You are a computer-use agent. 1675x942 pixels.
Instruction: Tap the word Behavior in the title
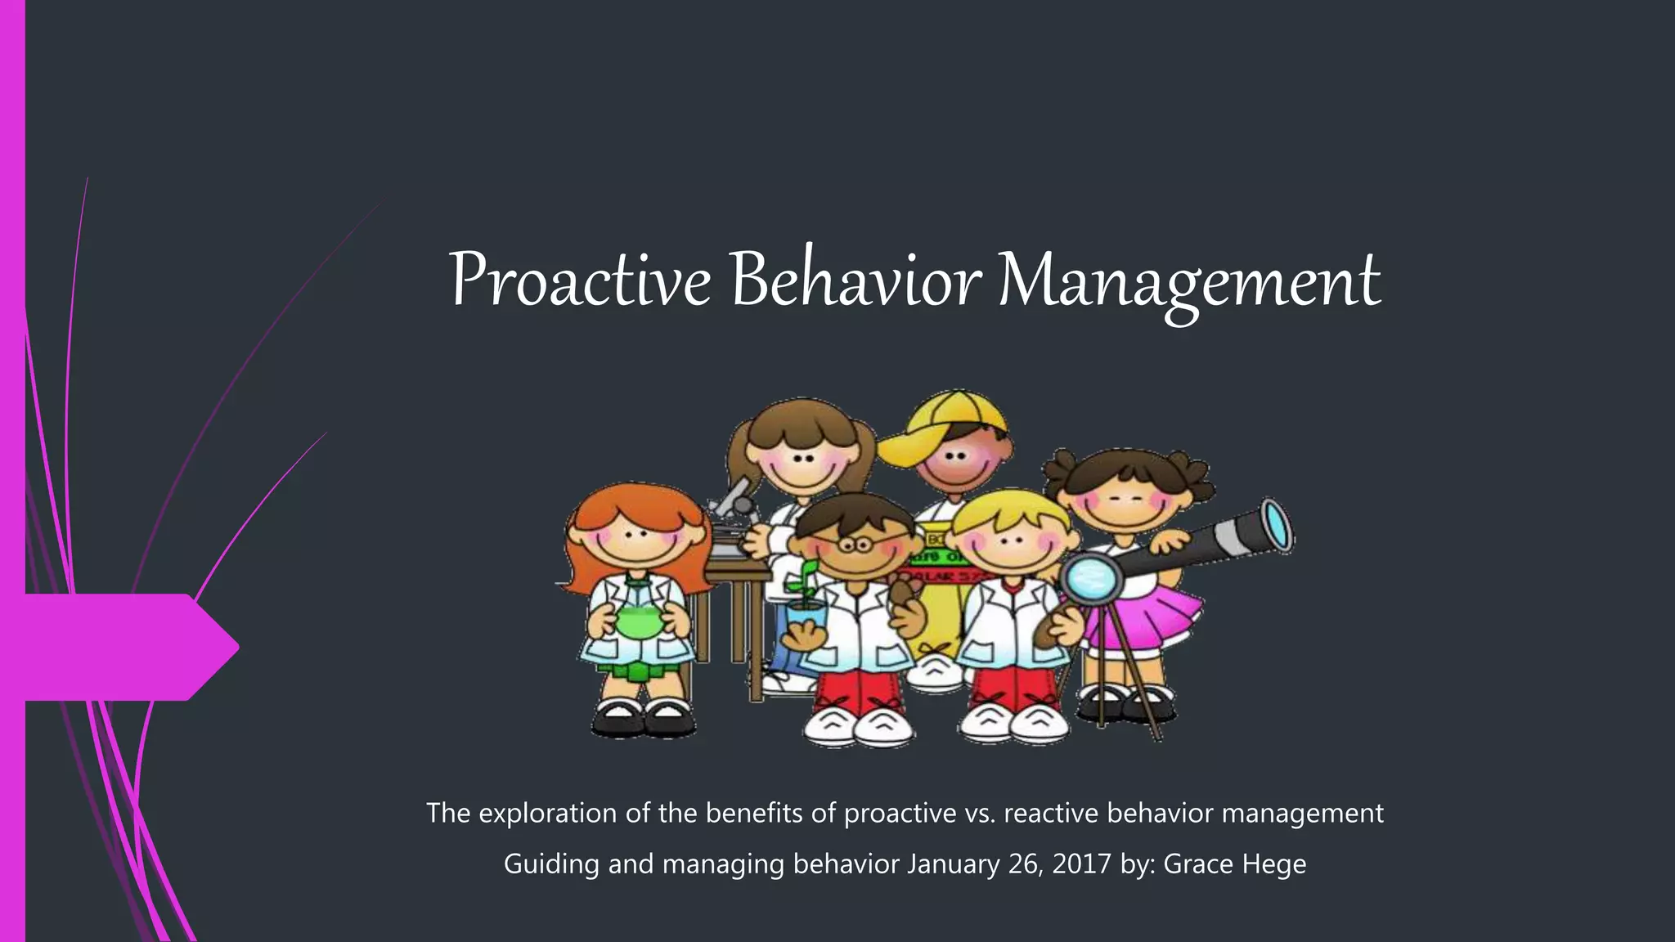coord(855,280)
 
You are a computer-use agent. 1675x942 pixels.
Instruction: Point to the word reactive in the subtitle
coord(1051,814)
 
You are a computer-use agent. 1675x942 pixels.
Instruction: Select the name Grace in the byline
coord(1198,863)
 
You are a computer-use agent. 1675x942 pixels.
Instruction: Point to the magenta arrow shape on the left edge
coord(123,647)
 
